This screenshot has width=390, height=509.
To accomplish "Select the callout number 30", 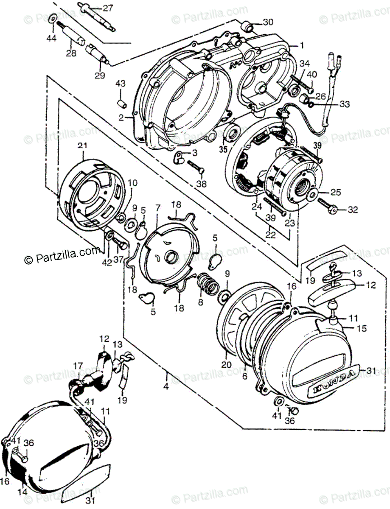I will (x=269, y=22).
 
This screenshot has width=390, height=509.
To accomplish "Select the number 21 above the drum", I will (x=82, y=145).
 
